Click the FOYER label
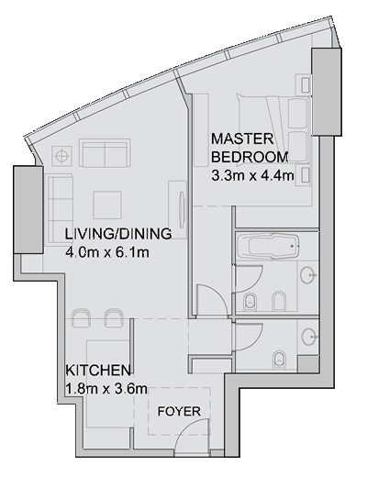point(179,411)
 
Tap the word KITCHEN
point(98,371)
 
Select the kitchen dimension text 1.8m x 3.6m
point(106,389)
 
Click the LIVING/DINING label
point(118,234)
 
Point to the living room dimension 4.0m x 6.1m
point(107,252)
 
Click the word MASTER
point(242,139)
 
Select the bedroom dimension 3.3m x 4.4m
point(252,176)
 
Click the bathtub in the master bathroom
point(268,246)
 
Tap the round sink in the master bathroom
point(308,275)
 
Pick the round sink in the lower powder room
point(309,337)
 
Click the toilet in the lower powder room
point(279,360)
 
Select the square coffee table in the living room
point(107,205)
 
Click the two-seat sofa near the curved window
point(105,153)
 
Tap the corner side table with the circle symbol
point(62,156)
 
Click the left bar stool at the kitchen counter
point(81,318)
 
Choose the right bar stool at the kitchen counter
point(114,318)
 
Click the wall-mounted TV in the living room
point(182,210)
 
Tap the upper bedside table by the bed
point(305,84)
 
